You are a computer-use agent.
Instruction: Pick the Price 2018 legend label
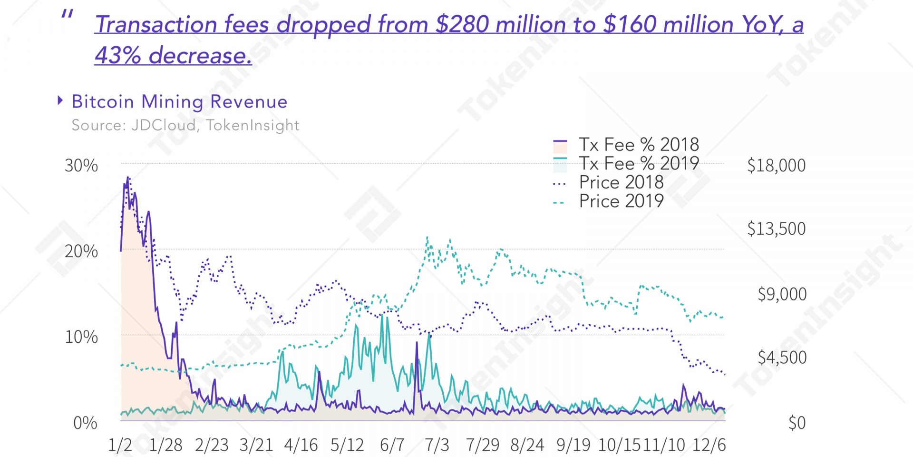621,182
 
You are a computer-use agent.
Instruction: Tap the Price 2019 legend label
621,201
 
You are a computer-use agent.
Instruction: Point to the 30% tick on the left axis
81,166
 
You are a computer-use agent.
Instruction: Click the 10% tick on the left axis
81,337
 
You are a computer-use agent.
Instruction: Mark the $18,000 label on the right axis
776,166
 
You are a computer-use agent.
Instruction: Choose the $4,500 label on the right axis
782,357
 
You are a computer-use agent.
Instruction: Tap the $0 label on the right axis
796,423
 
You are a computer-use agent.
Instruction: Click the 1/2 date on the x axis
120,445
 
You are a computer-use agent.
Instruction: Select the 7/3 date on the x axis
437,445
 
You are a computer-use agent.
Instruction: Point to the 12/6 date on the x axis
709,445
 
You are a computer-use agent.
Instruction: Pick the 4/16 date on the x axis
301,445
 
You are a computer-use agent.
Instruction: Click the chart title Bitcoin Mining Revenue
179,102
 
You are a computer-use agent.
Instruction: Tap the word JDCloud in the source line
164,125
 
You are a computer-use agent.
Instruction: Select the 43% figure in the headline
117,55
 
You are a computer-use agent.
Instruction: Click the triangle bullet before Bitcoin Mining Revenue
60,100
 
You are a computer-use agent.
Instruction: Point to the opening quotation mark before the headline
67,15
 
